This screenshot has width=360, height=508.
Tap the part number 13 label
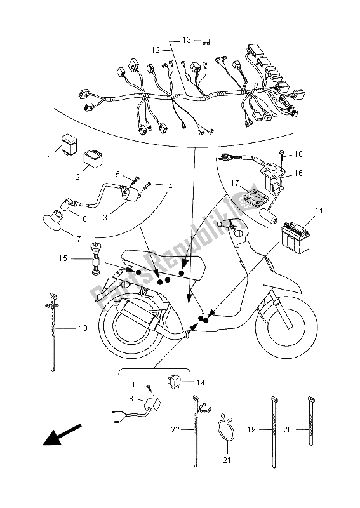[185, 39]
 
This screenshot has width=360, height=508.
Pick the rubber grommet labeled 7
[52, 223]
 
